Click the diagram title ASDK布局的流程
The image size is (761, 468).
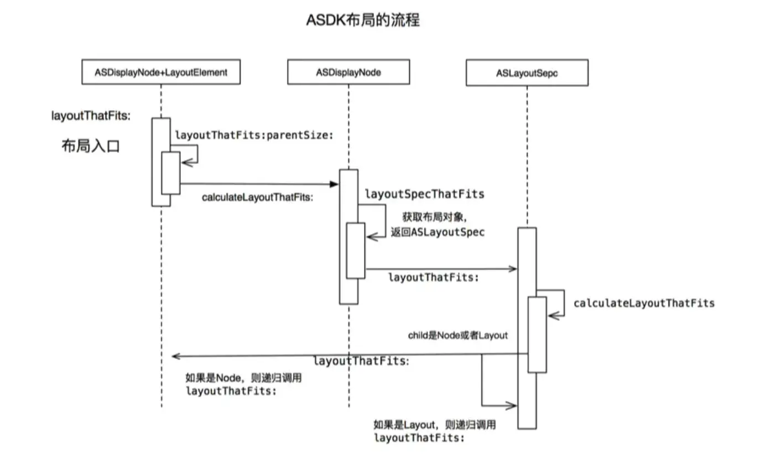[363, 20]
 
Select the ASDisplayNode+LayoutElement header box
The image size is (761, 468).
[161, 72]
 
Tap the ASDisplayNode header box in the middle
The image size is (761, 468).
[348, 72]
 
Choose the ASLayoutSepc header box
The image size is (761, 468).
[527, 73]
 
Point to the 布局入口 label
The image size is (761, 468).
[91, 147]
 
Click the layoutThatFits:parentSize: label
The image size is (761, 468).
[254, 134]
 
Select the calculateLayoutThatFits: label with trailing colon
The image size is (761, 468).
[257, 197]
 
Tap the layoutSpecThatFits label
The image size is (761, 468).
[424, 194]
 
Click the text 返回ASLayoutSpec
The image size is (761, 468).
[437, 232]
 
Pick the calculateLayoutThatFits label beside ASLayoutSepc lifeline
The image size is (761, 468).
[644, 303]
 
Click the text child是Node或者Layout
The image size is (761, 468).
[457, 335]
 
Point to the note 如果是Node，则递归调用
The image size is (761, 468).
[243, 379]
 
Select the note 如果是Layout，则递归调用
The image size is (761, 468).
[435, 425]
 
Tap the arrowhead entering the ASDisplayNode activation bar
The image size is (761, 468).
[335, 184]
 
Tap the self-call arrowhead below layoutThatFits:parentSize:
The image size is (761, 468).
[186, 162]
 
